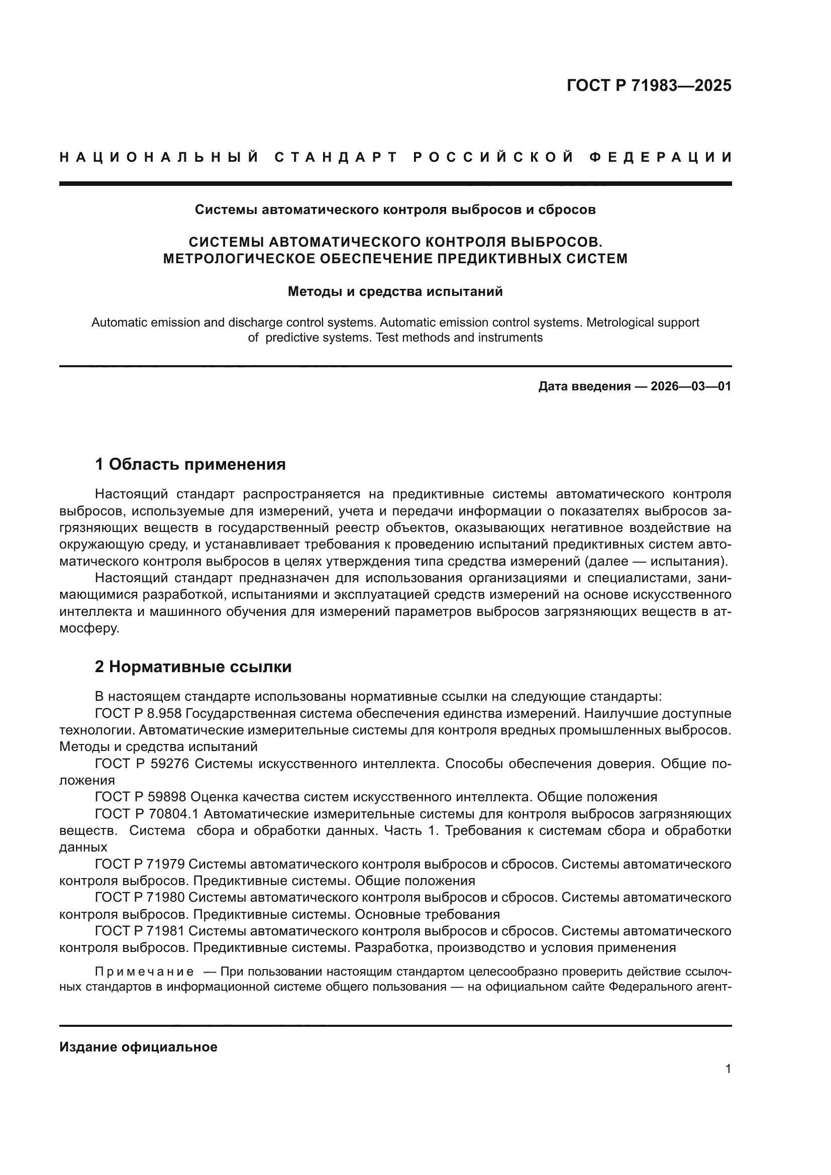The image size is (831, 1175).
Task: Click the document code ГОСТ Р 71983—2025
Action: click(x=649, y=85)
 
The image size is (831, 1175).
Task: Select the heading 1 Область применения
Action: click(x=190, y=464)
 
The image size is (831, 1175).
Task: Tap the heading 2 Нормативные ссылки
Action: click(x=193, y=667)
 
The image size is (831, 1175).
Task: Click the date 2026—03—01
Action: click(x=691, y=386)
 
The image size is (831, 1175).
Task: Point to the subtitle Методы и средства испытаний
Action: click(x=395, y=292)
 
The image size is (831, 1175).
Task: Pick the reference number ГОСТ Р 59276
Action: click(x=142, y=764)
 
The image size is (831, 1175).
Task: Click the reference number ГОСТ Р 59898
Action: click(x=142, y=797)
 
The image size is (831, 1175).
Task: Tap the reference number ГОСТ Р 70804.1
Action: click(x=146, y=814)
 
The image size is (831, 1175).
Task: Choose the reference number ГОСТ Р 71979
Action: click(x=141, y=864)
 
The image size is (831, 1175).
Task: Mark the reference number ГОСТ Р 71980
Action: click(x=141, y=897)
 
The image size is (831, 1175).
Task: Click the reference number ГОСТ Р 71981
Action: click(x=141, y=930)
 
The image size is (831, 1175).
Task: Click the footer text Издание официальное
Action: click(x=138, y=1047)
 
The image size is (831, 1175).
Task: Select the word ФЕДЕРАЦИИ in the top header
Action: click(x=660, y=157)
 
